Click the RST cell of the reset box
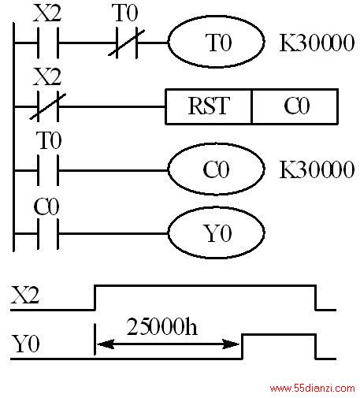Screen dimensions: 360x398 (x=209, y=106)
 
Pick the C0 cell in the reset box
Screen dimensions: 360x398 (x=295, y=106)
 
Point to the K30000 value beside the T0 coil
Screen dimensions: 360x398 (x=317, y=43)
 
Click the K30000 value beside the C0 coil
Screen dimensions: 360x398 (x=317, y=169)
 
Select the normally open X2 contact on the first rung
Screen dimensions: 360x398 (x=48, y=43)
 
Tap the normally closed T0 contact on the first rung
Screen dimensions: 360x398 (x=127, y=43)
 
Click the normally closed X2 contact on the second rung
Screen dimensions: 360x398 (x=48, y=106)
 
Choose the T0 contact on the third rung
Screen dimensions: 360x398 (x=48, y=170)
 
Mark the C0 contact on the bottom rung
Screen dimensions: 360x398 (x=48, y=233)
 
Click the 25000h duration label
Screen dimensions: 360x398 (x=161, y=326)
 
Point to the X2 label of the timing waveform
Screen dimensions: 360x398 (x=25, y=296)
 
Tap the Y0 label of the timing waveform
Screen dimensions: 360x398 (x=26, y=344)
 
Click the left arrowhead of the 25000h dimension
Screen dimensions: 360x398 (x=106, y=344)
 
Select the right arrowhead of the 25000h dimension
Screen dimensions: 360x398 (x=231, y=344)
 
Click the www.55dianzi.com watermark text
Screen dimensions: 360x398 (x=313, y=389)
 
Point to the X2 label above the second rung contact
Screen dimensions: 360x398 (x=47, y=76)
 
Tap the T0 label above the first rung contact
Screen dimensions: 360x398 (x=124, y=13)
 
